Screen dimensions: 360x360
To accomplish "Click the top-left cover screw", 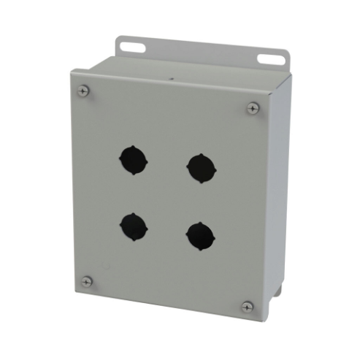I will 84,90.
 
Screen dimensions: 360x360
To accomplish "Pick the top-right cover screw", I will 253,107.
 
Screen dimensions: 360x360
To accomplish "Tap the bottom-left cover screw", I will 87,280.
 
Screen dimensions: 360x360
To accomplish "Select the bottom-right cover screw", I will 248,307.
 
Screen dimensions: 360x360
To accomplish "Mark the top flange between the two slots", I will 201,53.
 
